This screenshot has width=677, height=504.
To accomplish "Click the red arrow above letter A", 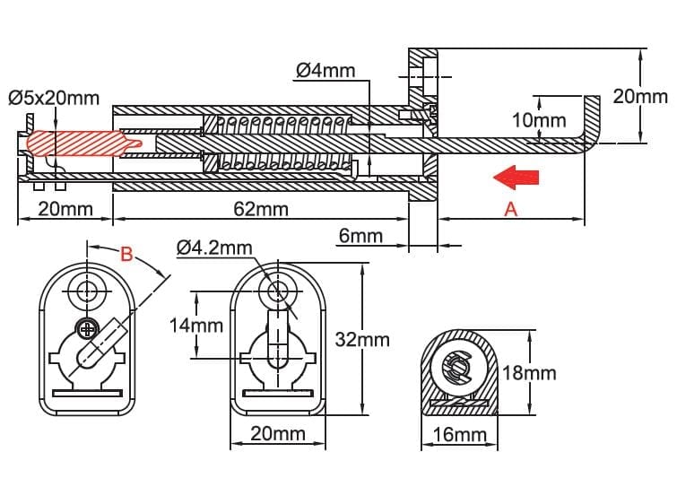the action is coord(516,178).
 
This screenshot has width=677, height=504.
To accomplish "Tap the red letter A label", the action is coord(511,209).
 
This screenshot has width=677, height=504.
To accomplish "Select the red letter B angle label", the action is coord(126,254).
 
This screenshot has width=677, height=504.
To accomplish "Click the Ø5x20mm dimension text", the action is coord(54,98).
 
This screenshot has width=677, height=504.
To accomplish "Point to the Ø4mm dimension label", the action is coord(326,70).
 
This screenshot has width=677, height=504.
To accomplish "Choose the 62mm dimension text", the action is coord(261,209).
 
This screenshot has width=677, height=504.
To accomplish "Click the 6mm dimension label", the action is coord(361,236).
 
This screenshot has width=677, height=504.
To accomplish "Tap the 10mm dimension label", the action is coord(539,119).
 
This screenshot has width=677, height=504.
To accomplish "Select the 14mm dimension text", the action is coord(196,326).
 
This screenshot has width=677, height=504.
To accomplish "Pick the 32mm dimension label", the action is coord(362,340).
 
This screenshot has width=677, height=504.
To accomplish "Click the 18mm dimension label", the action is coord(529,373).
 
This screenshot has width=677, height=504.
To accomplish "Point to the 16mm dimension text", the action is coord(459,434).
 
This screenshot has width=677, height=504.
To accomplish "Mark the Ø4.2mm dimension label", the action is coord(214,248).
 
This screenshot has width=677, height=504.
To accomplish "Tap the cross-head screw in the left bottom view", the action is coord(88,330).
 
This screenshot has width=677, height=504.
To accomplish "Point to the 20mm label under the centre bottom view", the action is coord(278,434).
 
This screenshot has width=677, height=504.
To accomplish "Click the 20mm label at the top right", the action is coord(640,96).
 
